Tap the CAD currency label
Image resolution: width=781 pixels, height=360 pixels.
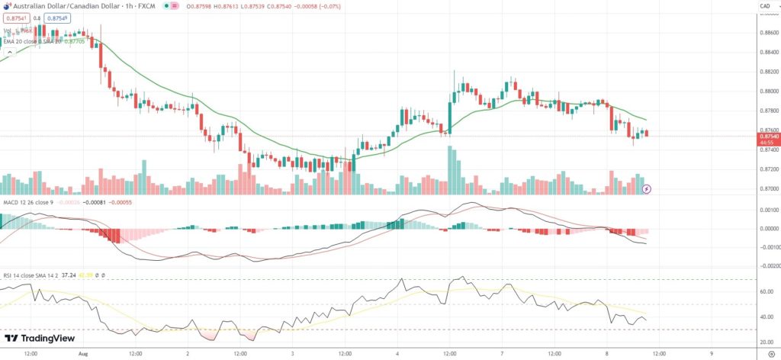click(x=764, y=7)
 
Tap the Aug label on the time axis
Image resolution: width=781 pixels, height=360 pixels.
click(x=84, y=354)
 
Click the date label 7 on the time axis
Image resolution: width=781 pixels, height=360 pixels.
click(x=501, y=354)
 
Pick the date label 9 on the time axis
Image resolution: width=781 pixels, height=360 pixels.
click(x=711, y=354)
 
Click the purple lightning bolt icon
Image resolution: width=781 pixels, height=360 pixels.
click(x=647, y=188)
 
